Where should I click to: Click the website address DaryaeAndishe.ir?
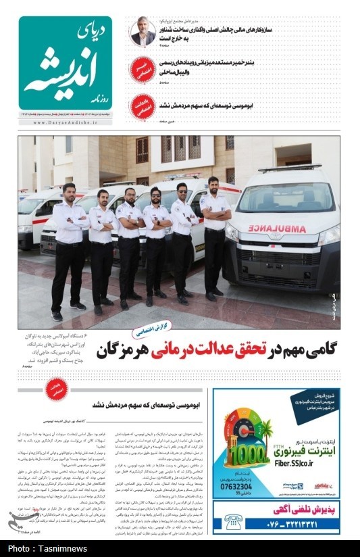coord(65,123)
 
